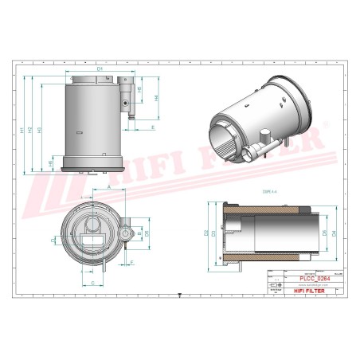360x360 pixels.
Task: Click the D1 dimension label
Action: coord(100,69)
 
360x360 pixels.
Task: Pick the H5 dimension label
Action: coord(141,91)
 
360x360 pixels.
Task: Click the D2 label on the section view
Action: coord(205,233)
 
